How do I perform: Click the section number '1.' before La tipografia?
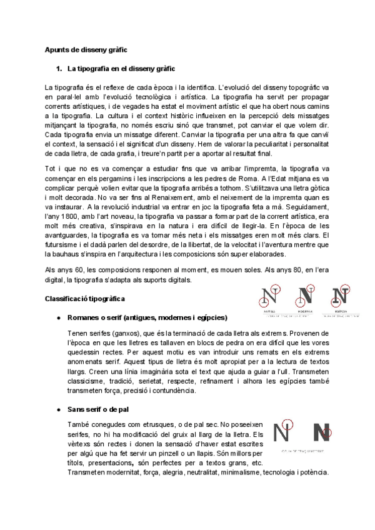point(60,67)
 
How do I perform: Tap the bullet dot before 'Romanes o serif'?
point(58,318)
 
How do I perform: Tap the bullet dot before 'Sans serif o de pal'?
point(58,409)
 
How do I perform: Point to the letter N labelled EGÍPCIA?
point(341,297)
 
